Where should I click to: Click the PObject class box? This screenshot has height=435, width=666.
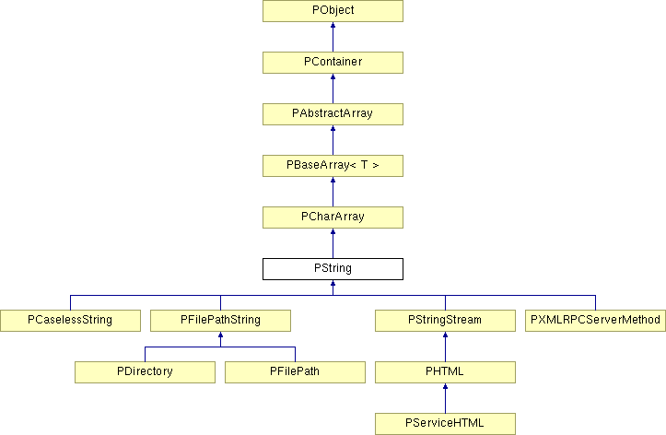coord(333,11)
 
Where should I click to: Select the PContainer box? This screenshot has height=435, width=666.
coord(333,63)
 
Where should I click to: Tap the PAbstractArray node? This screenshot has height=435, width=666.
coord(333,114)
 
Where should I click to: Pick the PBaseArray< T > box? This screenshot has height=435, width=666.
coord(333,166)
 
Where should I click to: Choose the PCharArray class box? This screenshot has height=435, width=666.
coord(333,217)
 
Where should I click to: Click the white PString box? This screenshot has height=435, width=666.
coord(333,269)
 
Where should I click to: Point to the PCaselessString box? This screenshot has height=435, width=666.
coord(71,321)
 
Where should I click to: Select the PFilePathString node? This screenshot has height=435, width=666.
coord(220,321)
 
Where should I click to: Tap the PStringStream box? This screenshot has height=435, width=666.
coord(445,321)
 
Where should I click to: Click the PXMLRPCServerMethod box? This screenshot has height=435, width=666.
coord(595,321)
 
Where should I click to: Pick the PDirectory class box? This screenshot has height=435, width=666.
coord(146,372)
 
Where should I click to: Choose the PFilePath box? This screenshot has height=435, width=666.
coord(295,372)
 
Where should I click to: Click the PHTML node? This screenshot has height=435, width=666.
coord(445,372)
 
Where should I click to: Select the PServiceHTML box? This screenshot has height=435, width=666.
coord(445,424)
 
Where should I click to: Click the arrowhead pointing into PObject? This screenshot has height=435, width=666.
coord(333,25)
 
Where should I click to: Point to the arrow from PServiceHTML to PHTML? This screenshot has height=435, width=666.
coord(445,398)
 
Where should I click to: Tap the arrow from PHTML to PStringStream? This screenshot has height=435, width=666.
coord(445,347)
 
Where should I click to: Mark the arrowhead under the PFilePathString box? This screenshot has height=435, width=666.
coord(220,335)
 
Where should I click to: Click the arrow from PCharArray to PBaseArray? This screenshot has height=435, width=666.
coord(333,192)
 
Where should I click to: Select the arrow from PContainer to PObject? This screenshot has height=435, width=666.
coord(333,37)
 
